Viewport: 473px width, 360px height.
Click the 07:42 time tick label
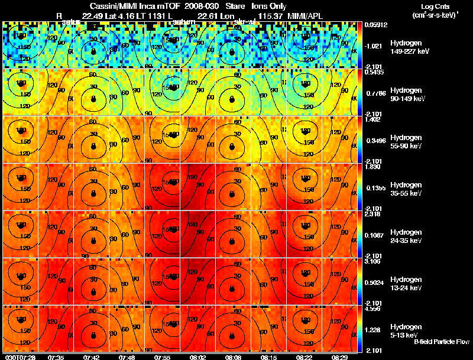(x=91, y=357)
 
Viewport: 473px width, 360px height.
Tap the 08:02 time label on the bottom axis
(x=197, y=357)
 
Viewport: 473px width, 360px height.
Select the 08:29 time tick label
(x=339, y=357)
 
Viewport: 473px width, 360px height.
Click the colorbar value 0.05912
(x=375, y=25)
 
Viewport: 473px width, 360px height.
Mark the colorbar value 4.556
(x=373, y=309)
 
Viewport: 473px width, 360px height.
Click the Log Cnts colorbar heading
(x=434, y=5)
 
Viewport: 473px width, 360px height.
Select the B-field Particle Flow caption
(x=442, y=342)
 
